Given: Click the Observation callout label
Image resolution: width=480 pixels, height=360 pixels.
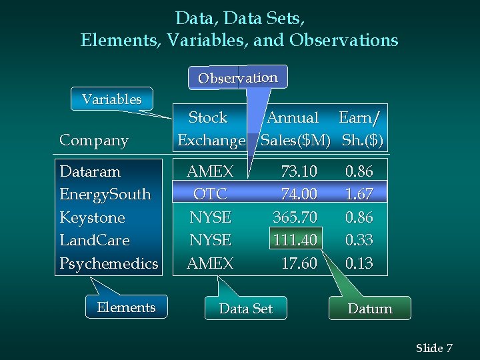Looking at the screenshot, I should tap(238, 77).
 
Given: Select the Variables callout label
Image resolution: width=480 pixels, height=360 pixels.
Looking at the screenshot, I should tap(112, 99).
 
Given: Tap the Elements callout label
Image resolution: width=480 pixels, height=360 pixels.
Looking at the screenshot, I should tap(126, 307).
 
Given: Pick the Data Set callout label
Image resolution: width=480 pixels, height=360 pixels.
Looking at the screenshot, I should tap(246, 309).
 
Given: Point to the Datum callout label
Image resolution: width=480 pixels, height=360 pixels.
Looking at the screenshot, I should tap(370, 309).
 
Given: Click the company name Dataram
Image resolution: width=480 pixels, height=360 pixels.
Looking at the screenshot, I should tap(90, 171).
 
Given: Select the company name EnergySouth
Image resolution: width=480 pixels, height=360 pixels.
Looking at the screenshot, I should tap(105, 195).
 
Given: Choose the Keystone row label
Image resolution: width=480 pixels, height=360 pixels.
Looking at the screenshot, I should tap(92, 217).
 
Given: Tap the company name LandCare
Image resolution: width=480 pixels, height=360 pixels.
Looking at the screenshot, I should tap(95, 240).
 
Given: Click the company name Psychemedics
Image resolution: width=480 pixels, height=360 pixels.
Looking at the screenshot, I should tap(109, 263).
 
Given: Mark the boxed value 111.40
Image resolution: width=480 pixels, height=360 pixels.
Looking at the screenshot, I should tap(295, 240).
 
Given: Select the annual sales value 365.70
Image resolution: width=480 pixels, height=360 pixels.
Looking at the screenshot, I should tap(295, 217).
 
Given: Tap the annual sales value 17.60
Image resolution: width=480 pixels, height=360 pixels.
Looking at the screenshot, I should tap(299, 263).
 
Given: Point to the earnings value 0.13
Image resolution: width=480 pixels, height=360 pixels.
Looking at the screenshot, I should tap(359, 263).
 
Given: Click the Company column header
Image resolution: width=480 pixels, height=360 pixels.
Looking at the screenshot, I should tap(94, 141).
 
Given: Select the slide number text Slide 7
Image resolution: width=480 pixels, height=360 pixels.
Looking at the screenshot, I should tap(434, 348).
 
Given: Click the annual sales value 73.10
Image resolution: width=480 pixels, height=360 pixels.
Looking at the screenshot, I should tap(299, 171).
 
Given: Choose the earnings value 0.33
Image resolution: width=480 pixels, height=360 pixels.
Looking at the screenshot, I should tap(359, 240).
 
